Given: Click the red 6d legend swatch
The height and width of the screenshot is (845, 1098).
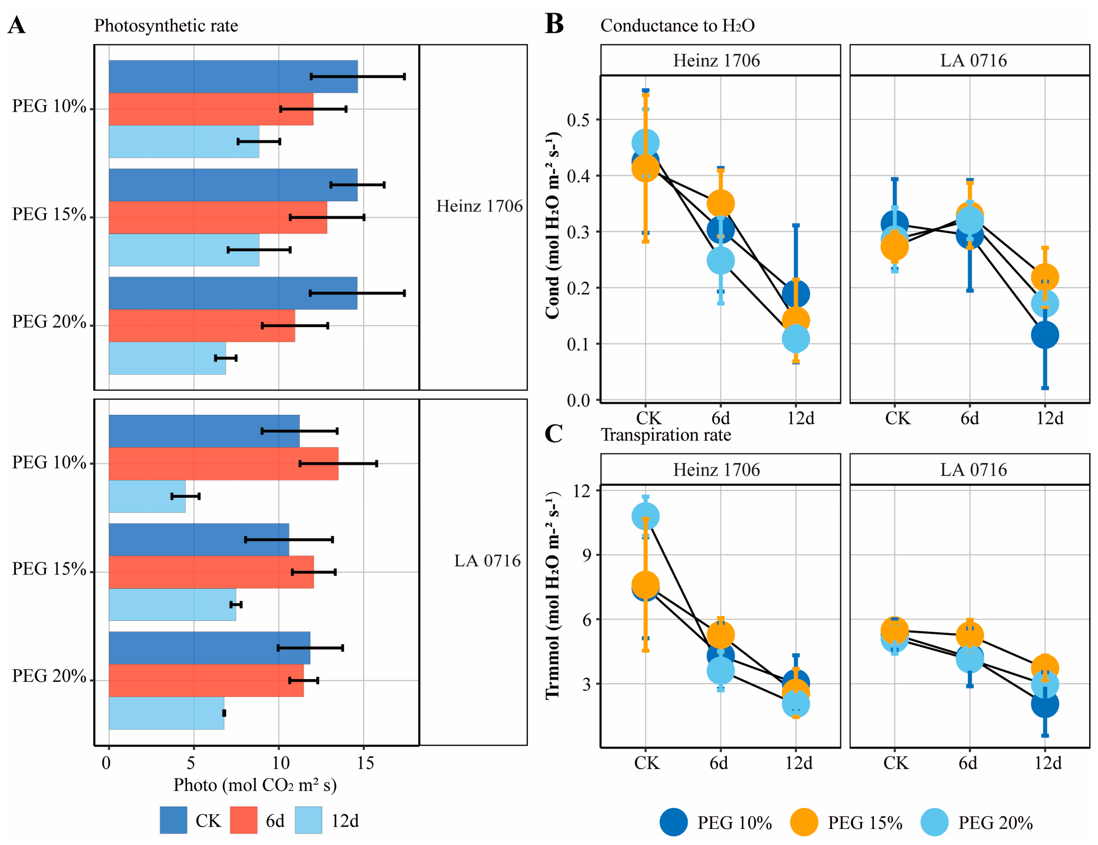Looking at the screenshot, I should (x=243, y=820).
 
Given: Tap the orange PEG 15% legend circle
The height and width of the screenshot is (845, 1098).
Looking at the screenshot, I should (x=804, y=822).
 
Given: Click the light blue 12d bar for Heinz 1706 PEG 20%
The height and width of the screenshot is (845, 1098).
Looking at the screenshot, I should (x=167, y=358).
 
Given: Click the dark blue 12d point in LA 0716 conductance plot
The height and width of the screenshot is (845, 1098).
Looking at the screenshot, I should (x=1045, y=335).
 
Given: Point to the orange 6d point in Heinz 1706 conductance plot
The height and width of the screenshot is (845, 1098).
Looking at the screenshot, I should (x=720, y=204).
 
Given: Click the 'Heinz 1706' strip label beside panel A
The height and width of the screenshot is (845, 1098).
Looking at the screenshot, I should (x=479, y=206).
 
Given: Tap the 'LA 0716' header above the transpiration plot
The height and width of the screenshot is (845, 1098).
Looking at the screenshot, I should (x=973, y=470).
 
